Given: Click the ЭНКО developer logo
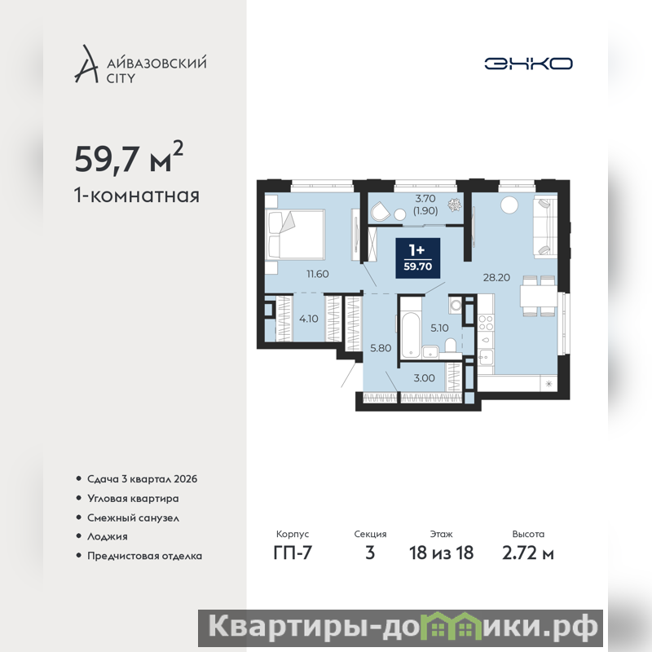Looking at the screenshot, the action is [x=528, y=64].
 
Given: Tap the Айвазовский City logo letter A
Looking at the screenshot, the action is [x=86, y=64].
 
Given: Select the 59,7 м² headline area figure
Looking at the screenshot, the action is [x=129, y=156].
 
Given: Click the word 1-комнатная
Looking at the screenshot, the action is [x=137, y=196].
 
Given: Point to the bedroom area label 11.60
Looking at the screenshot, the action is [x=318, y=274].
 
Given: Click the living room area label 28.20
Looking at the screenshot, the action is [x=496, y=277].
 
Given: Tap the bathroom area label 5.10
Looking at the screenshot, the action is [x=439, y=328].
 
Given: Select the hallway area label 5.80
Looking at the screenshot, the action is [x=381, y=348].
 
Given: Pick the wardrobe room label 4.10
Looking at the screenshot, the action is [x=309, y=319].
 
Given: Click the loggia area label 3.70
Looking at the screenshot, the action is [x=425, y=198].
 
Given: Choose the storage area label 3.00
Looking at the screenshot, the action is [x=424, y=378].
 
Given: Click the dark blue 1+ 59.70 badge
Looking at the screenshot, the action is [x=418, y=258].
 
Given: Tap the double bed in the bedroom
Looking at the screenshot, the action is [x=295, y=234].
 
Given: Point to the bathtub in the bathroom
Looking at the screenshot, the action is [x=411, y=336].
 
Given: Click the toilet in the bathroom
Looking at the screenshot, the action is [x=451, y=346].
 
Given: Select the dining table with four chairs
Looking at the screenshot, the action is [x=539, y=296].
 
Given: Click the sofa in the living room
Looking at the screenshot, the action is [x=545, y=227].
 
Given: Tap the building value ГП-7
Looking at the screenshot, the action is [x=293, y=553].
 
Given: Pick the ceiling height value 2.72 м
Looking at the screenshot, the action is [x=527, y=553].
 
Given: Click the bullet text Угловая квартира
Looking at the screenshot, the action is [x=133, y=498].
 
